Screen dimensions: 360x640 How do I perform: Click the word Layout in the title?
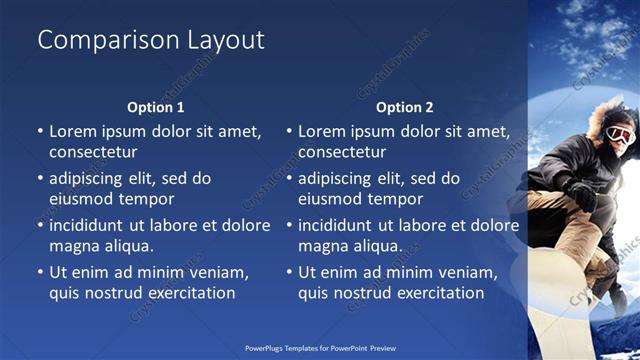click(226, 41)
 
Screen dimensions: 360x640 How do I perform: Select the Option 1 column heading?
click(156, 107)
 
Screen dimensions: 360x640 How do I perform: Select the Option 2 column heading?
click(405, 107)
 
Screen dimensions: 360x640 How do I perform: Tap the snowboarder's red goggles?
click(621, 134)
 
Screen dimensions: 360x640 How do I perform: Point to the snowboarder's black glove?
click(580, 193)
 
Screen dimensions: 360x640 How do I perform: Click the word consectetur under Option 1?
click(93, 153)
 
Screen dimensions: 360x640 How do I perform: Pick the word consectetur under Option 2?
click(342, 153)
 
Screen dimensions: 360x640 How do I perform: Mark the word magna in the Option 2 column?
click(322, 245)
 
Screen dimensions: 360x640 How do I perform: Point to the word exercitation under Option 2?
click(437, 293)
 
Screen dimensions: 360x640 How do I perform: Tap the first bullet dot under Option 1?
click(40, 132)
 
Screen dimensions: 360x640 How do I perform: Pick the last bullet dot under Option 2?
click(289, 272)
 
